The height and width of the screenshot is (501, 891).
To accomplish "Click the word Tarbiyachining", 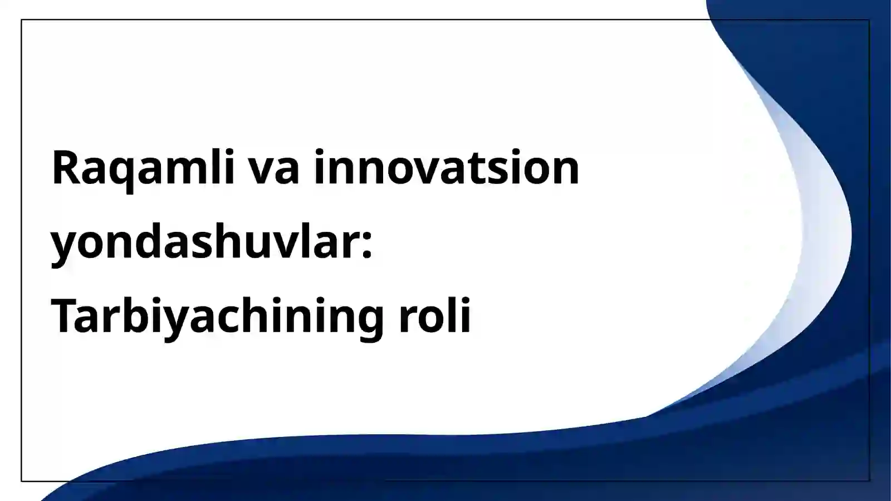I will tap(216, 316).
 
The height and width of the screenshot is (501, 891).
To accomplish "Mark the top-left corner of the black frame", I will tap(22, 20).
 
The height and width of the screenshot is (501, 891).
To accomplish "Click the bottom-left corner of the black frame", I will tap(22, 480).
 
